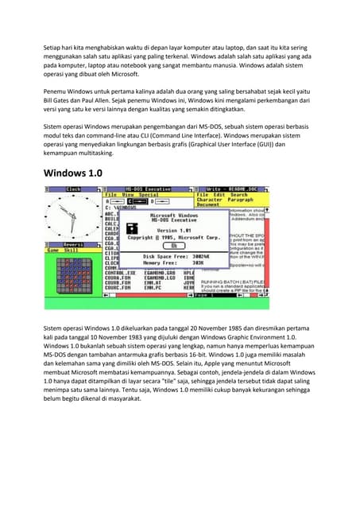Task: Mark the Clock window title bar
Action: click(x=73, y=189)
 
